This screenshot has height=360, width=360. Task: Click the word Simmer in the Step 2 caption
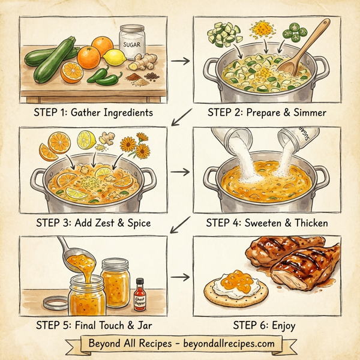[x=308, y=112]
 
